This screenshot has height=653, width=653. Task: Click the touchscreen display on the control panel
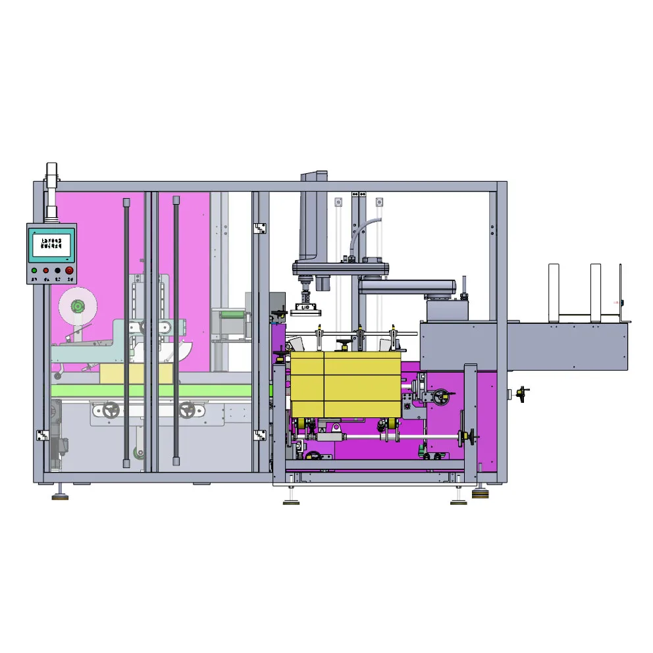(51, 246)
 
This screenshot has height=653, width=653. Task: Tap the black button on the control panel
(57, 271)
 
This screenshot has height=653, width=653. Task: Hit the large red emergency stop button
(69, 271)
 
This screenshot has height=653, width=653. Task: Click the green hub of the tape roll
(78, 306)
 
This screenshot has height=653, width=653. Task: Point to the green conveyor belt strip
(151, 391)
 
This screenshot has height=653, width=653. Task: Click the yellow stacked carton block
(346, 384)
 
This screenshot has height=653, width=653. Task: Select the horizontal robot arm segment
(408, 286)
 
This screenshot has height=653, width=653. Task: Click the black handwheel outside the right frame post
(523, 394)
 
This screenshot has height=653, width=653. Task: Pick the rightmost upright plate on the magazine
(620, 293)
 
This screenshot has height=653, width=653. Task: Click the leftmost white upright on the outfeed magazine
(554, 293)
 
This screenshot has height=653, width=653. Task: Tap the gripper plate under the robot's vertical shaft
(304, 308)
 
